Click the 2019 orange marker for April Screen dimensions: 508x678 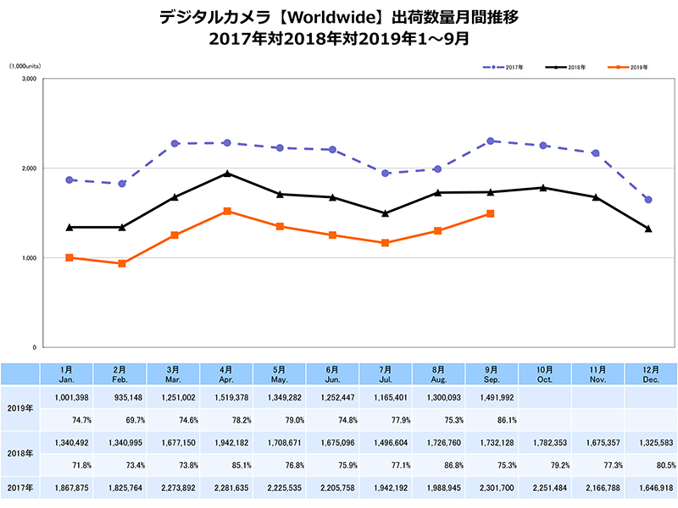(227, 211)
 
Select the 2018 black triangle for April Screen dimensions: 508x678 (227, 174)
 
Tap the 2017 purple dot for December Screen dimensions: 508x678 (648, 200)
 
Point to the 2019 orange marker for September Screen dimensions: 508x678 (491, 213)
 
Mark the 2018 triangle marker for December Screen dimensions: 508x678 (648, 229)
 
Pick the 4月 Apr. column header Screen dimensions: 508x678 (227, 373)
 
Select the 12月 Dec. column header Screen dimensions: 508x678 (648, 373)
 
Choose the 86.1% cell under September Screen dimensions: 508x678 (491, 418)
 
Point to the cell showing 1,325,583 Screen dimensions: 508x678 (648, 442)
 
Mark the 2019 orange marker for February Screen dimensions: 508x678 (122, 263)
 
